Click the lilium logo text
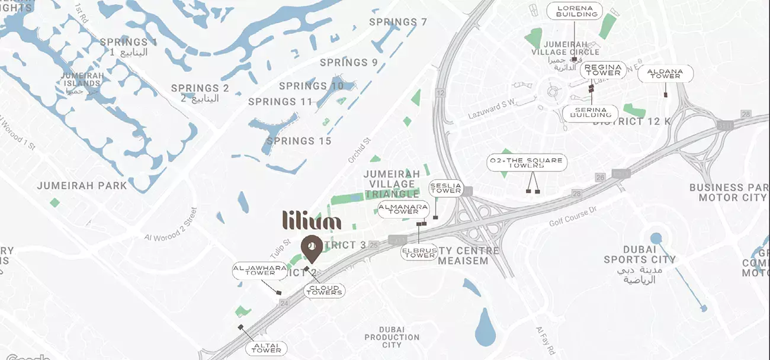tap(312, 220)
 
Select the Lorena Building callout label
tap(574, 11)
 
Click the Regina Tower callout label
tap(603, 70)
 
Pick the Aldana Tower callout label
tap(665, 73)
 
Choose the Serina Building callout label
tap(591, 113)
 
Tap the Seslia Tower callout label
tap(445, 188)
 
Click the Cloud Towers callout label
tap(324, 290)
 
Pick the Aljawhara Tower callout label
tap(254, 271)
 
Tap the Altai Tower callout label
tap(266, 348)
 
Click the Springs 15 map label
tap(299, 141)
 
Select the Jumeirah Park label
tap(82, 185)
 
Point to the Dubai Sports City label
tap(640, 255)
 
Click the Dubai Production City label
tap(392, 337)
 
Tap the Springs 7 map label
tap(398, 22)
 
